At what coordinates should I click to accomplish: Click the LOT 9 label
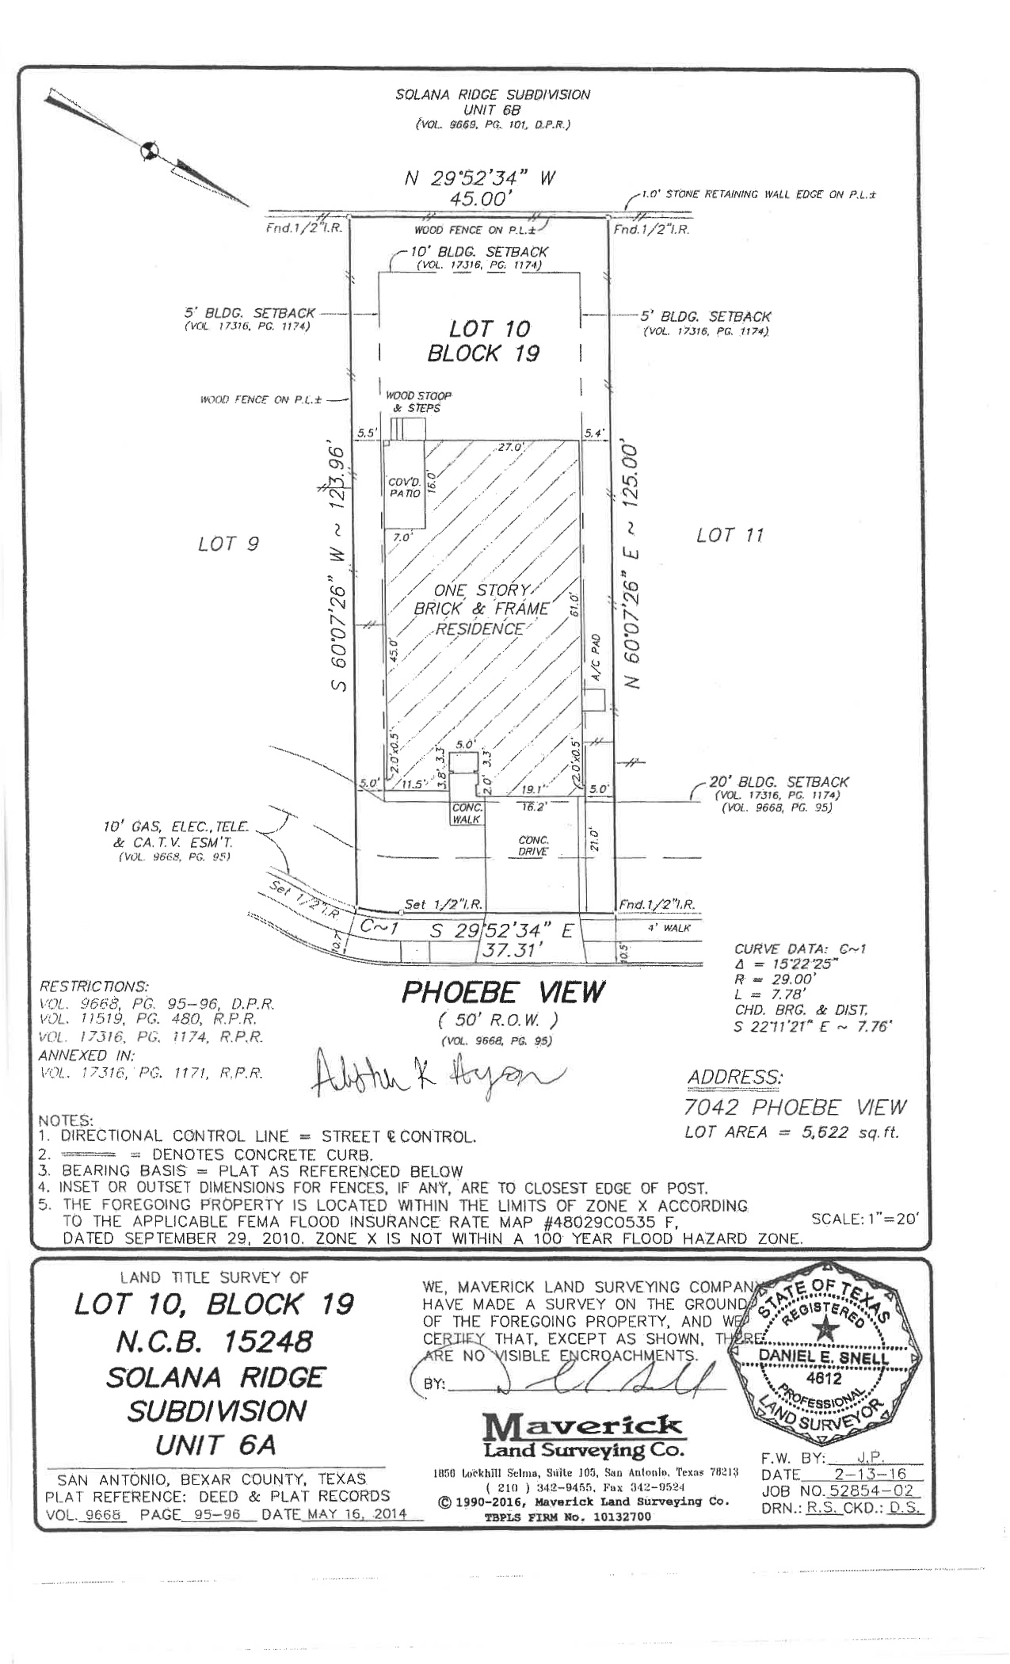[x=228, y=544]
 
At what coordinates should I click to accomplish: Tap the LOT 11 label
[x=730, y=536]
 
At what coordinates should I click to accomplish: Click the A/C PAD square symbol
[x=594, y=700]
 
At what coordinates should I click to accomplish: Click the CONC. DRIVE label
[x=533, y=845]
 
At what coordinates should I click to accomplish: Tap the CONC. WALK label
[x=467, y=814]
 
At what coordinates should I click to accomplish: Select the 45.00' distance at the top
[x=478, y=199]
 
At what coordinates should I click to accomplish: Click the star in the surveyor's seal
[x=828, y=1327]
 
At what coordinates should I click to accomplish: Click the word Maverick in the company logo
[x=581, y=1427]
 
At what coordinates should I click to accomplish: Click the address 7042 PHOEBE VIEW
[x=795, y=1107]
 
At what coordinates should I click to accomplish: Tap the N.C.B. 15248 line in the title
[x=214, y=1342]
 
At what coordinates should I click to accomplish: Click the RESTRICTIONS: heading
[x=93, y=987]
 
